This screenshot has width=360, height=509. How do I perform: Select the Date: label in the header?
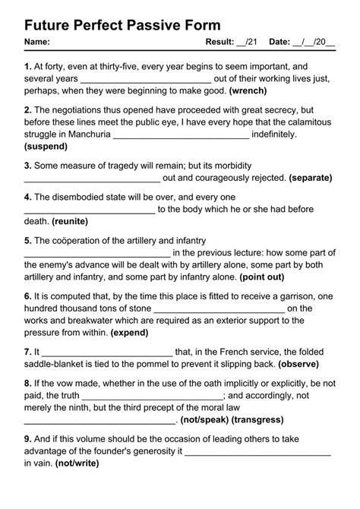pyautogui.click(x=279, y=42)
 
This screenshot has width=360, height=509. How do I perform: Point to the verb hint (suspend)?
pyautogui.click(x=51, y=145)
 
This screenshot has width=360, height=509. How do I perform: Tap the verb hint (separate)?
pyautogui.click(x=311, y=178)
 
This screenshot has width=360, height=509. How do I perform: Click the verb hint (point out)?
pyautogui.click(x=263, y=277)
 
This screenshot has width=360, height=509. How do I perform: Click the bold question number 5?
pyautogui.click(x=27, y=240)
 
